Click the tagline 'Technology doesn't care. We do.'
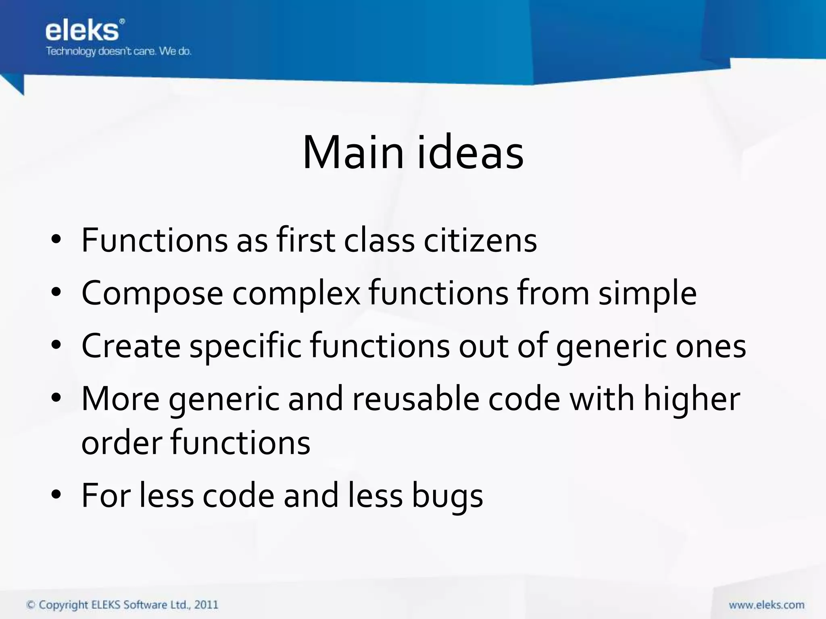point(119,52)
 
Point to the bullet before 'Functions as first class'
point(56,240)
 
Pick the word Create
point(131,346)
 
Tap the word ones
point(711,346)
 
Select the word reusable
point(416,399)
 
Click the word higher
point(692,399)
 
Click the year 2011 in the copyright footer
point(206,605)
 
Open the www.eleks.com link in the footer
point(766,605)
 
